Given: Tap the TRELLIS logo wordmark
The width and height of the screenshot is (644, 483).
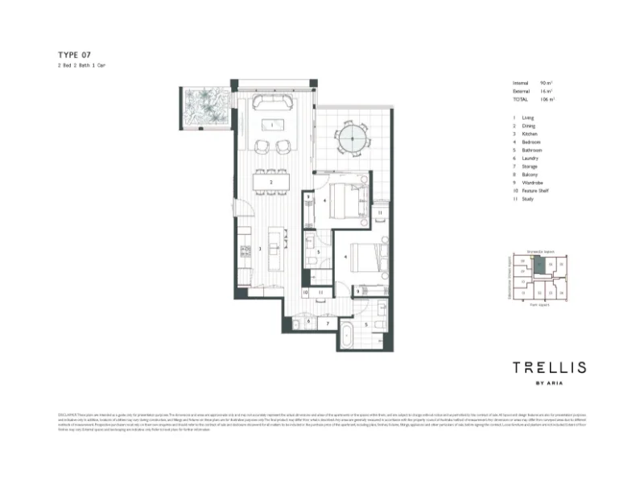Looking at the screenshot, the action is tap(550, 368).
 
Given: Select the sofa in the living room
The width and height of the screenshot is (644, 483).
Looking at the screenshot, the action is tap(272, 103).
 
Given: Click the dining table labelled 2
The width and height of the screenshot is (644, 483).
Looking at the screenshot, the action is tap(271, 184).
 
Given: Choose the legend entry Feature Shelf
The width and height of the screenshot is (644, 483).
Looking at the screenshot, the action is tap(536, 191).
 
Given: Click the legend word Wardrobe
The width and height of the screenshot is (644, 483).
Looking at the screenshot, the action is tap(532, 183).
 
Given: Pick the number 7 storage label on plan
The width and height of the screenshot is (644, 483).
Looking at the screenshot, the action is tap(328, 323).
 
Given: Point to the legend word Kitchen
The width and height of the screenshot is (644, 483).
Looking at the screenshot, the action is tap(530, 134).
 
